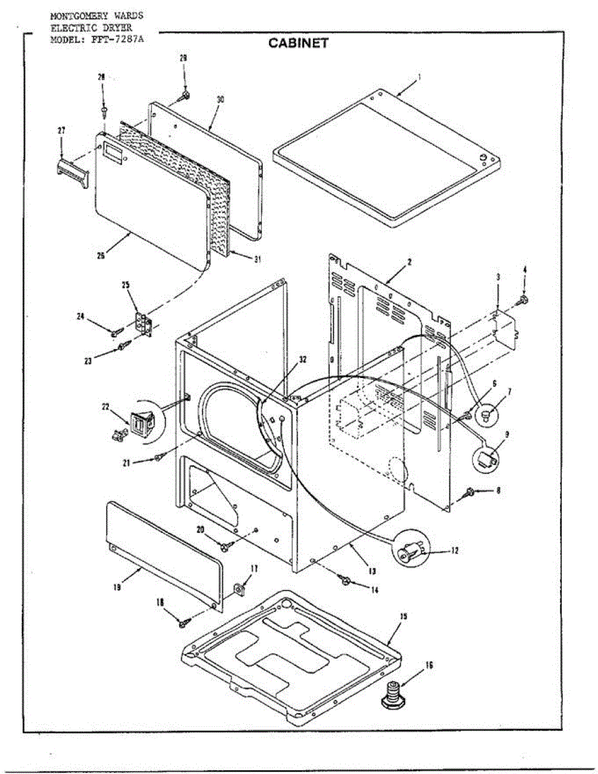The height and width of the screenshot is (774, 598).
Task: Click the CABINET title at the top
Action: point(299,43)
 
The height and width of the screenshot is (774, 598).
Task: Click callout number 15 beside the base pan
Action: point(403,617)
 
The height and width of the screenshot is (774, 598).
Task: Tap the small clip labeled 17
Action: point(238,588)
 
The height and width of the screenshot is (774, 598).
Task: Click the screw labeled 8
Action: point(472,493)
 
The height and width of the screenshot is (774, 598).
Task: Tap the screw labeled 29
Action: point(185,95)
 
